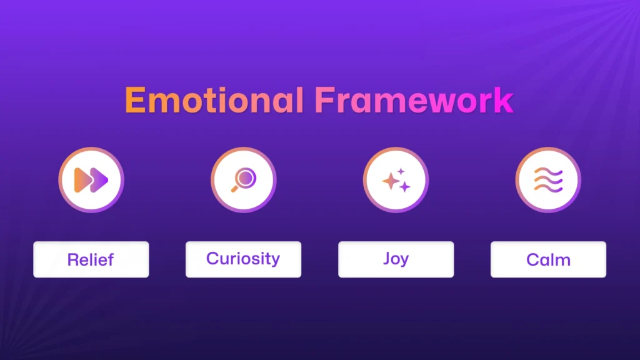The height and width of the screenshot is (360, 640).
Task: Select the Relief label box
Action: [91, 259]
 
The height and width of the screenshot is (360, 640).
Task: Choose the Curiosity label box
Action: [243, 259]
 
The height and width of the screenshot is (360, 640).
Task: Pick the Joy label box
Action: [396, 259]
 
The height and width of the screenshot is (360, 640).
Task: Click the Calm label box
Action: [548, 259]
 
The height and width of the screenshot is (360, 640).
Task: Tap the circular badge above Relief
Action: [91, 180]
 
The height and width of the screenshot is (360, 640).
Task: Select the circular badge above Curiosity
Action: [243, 180]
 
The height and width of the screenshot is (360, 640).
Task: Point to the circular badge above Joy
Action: [396, 180]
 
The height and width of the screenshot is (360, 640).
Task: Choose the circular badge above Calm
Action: [548, 180]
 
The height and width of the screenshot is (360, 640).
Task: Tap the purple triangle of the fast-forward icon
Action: [99, 180]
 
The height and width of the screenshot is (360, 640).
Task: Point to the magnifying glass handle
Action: [235, 188]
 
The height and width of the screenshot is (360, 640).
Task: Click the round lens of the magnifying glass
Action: [246, 177]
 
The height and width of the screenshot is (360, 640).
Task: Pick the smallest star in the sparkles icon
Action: [401, 171]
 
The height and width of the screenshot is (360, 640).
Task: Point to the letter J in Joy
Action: [387, 258]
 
